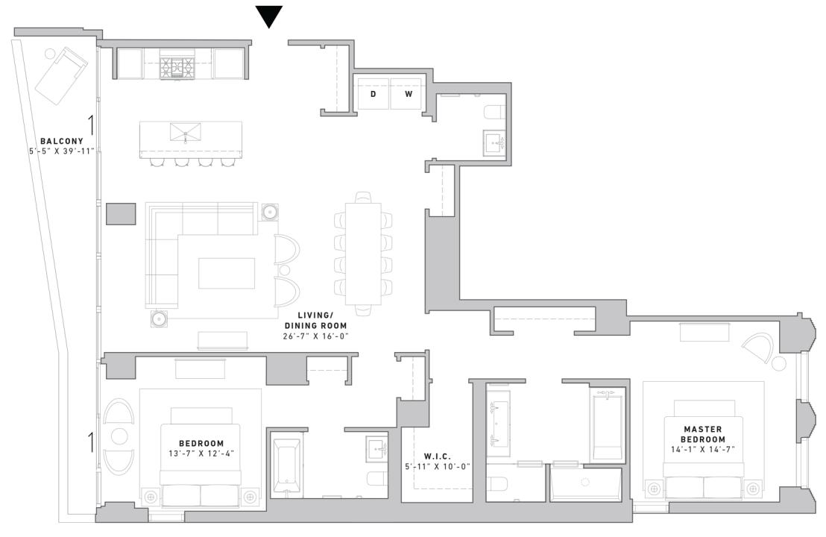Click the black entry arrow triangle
point(269,16)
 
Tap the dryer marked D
point(373,94)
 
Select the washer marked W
point(408,94)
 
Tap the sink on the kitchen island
point(185,134)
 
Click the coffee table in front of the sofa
point(226,273)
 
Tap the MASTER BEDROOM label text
point(702,434)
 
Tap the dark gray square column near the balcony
point(121,213)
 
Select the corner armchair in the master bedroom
point(760,345)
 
